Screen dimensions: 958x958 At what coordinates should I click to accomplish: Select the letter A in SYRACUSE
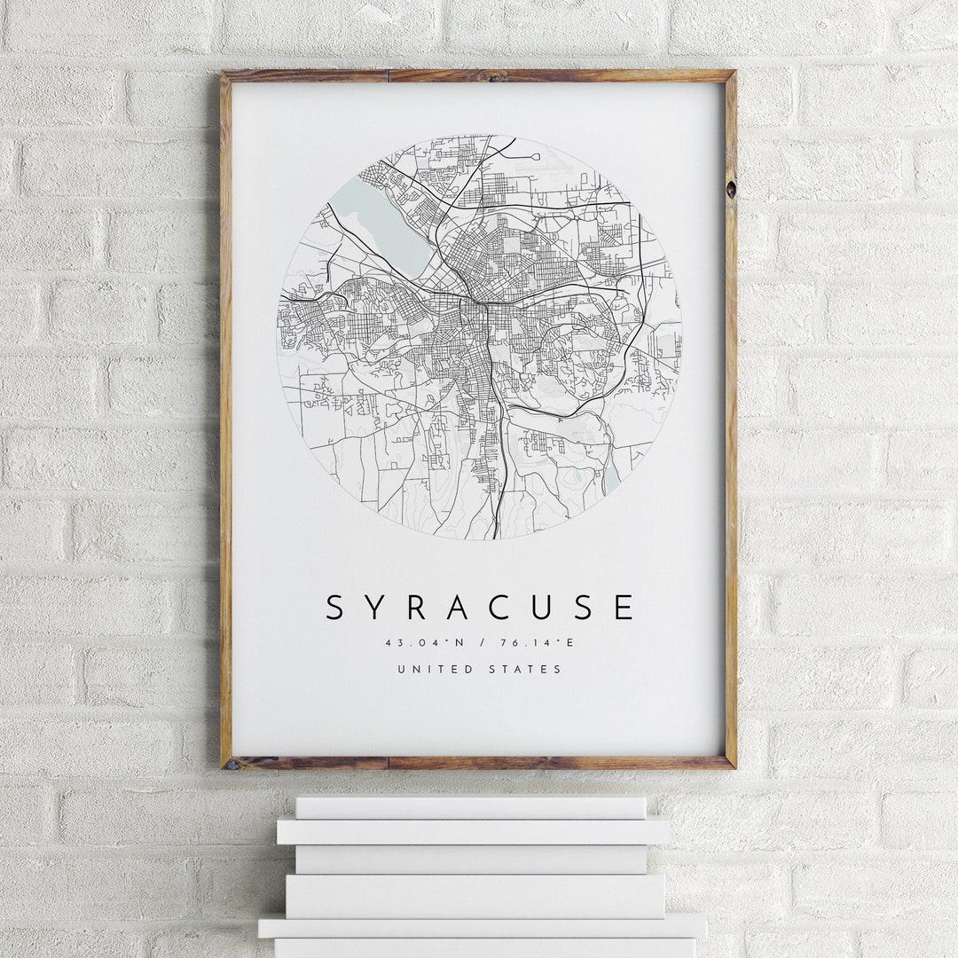(458, 608)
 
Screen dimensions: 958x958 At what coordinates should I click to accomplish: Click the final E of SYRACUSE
(624, 608)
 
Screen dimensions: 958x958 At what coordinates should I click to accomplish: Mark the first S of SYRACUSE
(334, 608)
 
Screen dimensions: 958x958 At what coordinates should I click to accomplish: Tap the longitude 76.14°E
(532, 643)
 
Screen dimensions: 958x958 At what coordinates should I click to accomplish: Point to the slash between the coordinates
(479, 643)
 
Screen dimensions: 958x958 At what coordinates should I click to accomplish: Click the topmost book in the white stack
(470, 807)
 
